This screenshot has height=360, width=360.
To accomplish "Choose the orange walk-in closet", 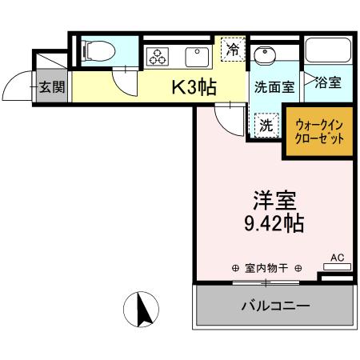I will coord(319,130).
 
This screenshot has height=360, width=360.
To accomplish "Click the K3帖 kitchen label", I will coord(194,86).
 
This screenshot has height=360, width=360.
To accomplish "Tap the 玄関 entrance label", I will coord(52,87).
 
